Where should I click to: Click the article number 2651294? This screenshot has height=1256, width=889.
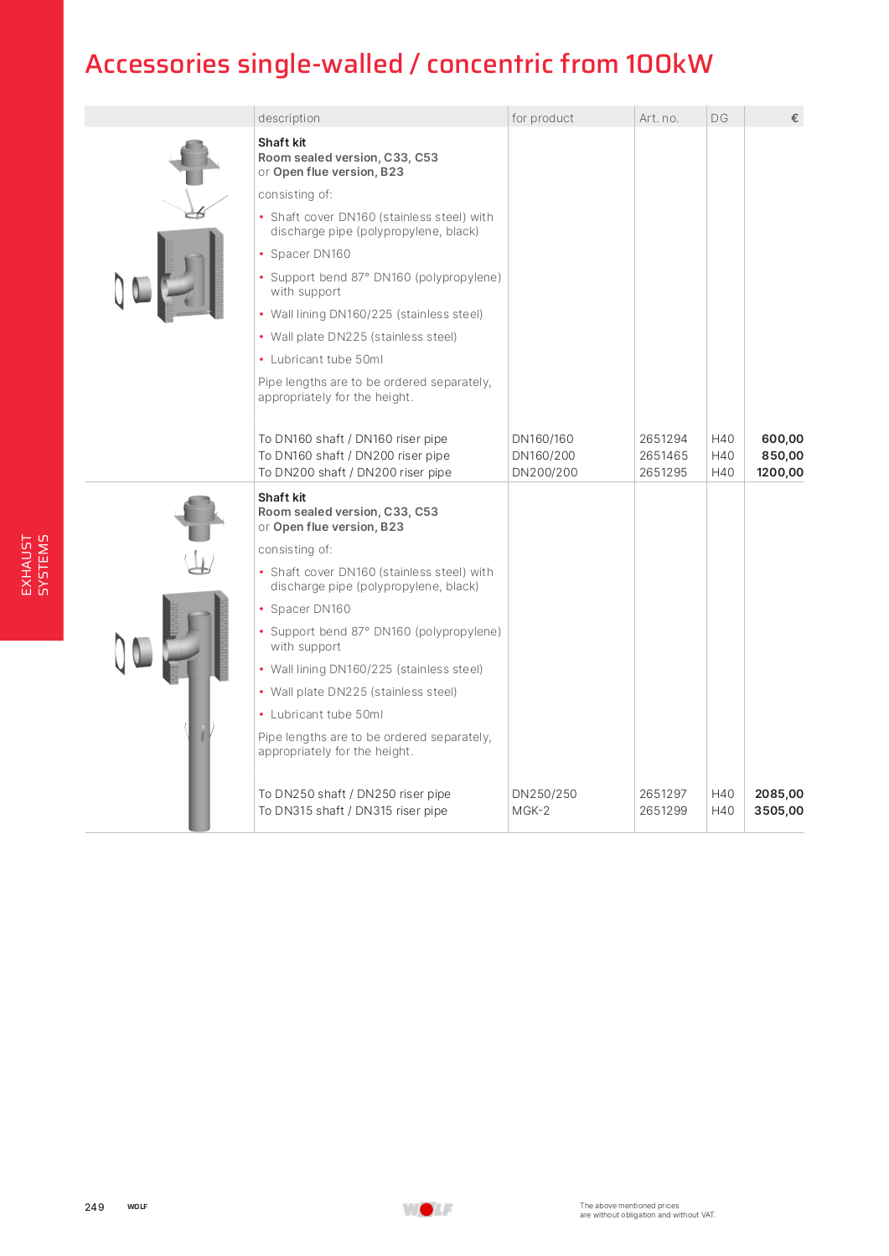(x=663, y=439)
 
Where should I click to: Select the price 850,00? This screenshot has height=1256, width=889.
(x=782, y=456)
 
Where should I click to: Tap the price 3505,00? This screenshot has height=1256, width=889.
(x=778, y=811)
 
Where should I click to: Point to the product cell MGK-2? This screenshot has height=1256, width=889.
(x=530, y=811)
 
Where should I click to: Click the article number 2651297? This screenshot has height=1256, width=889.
(x=663, y=794)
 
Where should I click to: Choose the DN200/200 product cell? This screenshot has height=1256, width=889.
(x=545, y=472)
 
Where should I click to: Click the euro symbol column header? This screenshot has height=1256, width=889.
(x=794, y=118)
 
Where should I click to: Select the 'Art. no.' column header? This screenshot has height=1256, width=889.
(x=659, y=118)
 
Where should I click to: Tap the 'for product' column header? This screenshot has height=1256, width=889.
(x=543, y=118)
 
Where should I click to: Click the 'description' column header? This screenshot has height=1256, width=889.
(x=289, y=118)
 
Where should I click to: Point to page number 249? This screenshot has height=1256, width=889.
(x=95, y=1207)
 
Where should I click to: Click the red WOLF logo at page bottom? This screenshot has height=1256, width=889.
(x=427, y=1209)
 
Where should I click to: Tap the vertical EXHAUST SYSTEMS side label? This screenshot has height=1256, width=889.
(x=34, y=565)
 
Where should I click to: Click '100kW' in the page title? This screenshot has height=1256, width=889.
(x=669, y=64)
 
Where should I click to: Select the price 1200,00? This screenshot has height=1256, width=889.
(x=779, y=472)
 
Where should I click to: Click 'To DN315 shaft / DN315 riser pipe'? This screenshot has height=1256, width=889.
(x=353, y=811)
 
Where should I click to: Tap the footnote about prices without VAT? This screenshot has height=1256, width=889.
(x=647, y=1210)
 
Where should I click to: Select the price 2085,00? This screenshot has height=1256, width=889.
(x=778, y=794)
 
